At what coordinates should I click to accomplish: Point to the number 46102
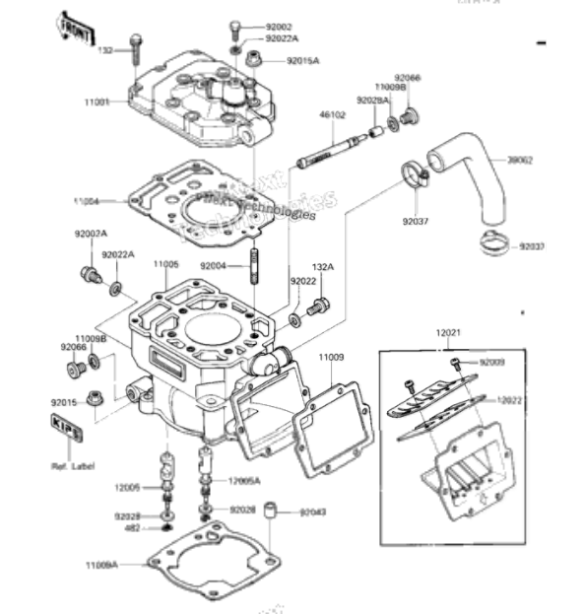pos(332,115)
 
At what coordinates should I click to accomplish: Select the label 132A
pos(323,266)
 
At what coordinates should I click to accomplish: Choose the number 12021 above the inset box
pos(448,335)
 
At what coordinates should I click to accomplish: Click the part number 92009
pos(491,363)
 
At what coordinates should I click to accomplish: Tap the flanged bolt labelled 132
pos(136,47)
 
